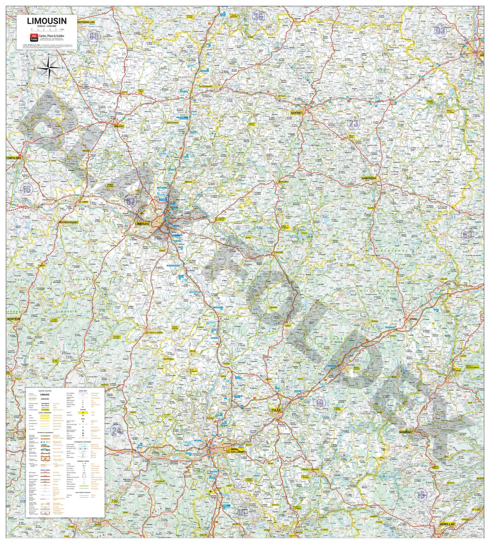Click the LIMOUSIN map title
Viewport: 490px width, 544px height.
tap(47, 21)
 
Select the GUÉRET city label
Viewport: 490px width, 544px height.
tap(297, 113)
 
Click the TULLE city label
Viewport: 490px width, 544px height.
tap(276, 410)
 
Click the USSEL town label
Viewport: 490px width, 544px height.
tap(414, 319)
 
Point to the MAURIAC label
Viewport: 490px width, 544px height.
tap(405, 432)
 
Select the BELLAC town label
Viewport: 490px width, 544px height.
tap(119, 126)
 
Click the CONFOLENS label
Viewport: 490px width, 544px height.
tap(13, 158)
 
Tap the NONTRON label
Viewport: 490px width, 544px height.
tap(13, 319)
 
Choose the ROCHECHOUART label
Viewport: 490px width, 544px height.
tap(69, 222)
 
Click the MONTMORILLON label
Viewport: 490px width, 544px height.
tap(86, 22)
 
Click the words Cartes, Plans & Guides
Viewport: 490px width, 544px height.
tap(51, 36)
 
